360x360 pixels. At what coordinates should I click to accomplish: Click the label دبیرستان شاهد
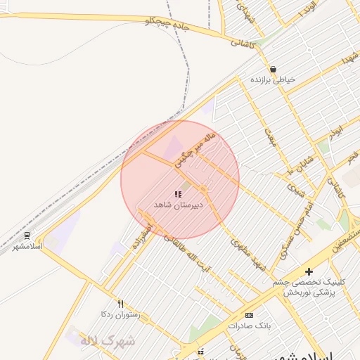pos(179,205)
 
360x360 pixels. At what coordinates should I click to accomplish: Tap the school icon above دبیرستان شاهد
pos(178,194)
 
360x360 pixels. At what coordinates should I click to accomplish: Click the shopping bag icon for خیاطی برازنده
pos(273,69)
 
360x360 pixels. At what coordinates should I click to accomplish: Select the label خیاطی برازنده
pos(273,80)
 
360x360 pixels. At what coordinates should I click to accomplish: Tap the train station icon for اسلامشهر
pos(27,236)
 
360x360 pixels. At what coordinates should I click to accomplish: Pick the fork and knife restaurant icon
pos(120,304)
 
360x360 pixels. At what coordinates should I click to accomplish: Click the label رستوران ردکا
pos(120,314)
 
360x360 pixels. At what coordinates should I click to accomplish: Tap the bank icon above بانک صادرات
pos(249,315)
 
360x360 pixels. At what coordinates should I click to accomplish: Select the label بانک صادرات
pos(249,326)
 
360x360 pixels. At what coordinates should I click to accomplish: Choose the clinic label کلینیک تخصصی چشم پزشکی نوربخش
pos(305,287)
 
